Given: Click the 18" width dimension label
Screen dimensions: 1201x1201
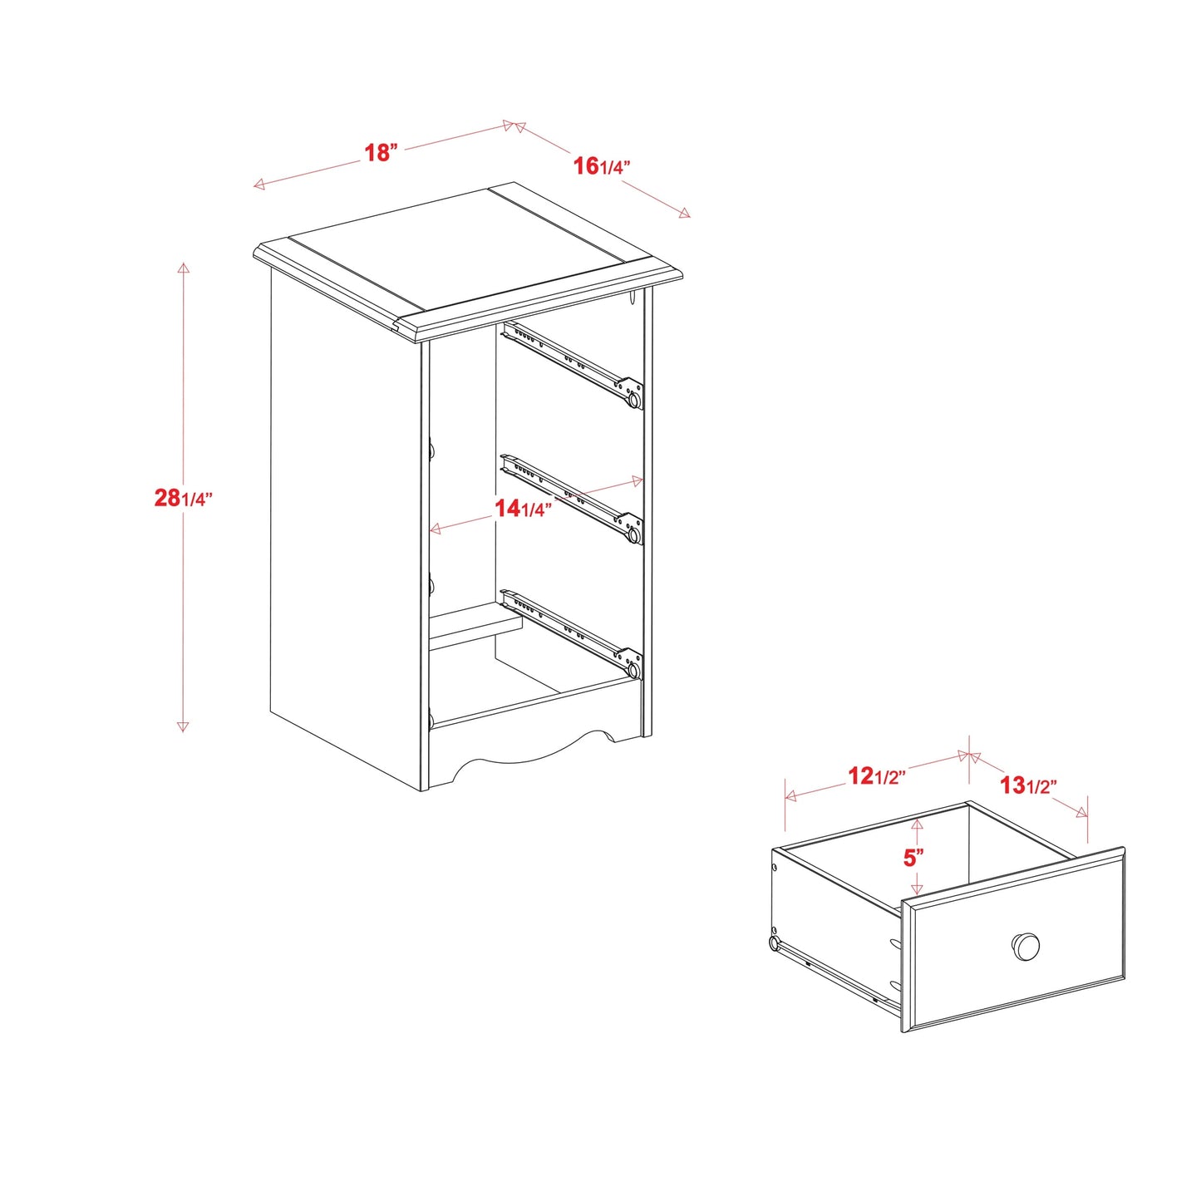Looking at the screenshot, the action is [381, 153].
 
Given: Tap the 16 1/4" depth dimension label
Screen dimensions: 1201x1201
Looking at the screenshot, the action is [602, 166].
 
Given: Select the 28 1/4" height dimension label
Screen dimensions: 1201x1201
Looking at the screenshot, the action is [183, 498].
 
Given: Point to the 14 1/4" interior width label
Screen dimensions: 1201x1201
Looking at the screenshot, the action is [524, 509].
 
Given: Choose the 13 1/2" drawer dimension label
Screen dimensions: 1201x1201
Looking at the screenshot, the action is [1028, 785].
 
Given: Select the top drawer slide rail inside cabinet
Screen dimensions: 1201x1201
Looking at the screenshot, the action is [573, 365].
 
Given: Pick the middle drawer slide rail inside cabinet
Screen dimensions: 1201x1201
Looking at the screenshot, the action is [571, 500].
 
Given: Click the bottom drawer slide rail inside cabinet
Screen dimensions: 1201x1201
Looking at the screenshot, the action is [571, 633].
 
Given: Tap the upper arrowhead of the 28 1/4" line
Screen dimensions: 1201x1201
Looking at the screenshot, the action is [183, 268].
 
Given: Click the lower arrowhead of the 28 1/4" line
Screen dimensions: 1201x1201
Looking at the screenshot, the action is [183, 726].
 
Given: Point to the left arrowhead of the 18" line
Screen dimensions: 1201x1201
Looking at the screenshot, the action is [259, 185].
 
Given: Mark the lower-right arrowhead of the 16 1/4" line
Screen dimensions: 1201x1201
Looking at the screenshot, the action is [684, 213].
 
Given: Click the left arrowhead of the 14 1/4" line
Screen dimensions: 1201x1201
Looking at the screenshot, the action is [436, 529].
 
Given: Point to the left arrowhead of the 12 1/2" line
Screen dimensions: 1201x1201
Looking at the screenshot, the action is [791, 796].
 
